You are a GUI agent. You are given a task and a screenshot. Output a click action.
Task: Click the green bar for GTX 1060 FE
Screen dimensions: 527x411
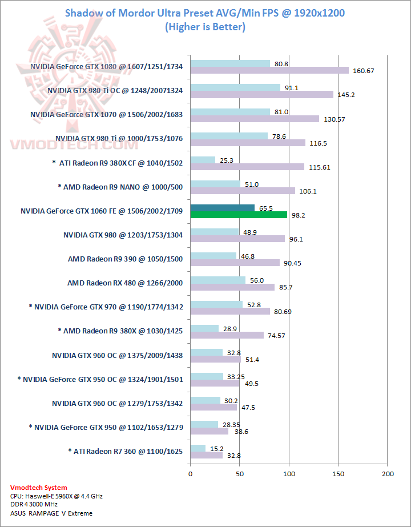pyautogui.click(x=239, y=215)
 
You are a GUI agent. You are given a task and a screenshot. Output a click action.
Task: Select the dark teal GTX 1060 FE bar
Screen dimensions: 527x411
pyautogui.click(x=223, y=208)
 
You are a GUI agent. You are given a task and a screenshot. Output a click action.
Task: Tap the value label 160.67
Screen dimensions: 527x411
pyautogui.click(x=362, y=71)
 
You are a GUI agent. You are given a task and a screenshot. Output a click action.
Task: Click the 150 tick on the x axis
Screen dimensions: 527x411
pyautogui.click(x=339, y=474)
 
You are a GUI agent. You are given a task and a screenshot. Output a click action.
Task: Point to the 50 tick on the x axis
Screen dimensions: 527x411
pyautogui.click(x=240, y=474)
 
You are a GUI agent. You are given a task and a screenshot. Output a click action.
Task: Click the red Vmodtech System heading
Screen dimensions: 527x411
pyautogui.click(x=39, y=488)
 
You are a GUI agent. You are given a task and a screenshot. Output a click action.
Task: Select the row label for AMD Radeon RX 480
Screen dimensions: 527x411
pyautogui.click(x=125, y=283)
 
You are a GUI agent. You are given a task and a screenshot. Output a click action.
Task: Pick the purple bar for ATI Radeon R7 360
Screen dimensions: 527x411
pyautogui.click(x=207, y=455)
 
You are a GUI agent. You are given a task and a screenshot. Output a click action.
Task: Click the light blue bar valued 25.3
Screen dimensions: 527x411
pyautogui.click(x=203, y=160)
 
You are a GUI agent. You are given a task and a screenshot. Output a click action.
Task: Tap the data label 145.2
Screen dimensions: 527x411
pyautogui.click(x=345, y=95)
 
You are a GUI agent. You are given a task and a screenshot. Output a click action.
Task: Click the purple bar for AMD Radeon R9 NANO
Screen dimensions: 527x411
pyautogui.click(x=243, y=191)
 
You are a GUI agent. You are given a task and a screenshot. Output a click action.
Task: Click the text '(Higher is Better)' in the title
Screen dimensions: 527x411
pyautogui.click(x=205, y=27)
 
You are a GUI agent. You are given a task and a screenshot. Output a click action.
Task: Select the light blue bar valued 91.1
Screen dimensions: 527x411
pyautogui.click(x=235, y=88)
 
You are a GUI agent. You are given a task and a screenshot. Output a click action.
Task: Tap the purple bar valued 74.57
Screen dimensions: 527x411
pyautogui.click(x=227, y=335)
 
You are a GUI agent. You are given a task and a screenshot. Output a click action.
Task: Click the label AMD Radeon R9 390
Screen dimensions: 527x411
pyautogui.click(x=125, y=259)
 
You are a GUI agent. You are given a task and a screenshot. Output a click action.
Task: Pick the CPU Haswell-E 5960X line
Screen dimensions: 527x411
pyautogui.click(x=56, y=496)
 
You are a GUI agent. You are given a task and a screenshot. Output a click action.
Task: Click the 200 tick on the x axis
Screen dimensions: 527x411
pyautogui.click(x=388, y=474)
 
